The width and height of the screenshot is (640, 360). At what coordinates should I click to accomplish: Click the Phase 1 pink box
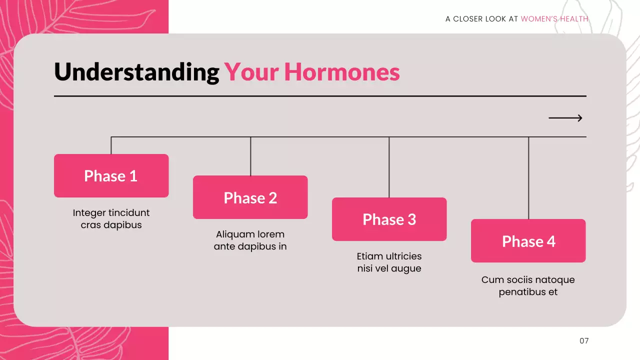[x=111, y=175]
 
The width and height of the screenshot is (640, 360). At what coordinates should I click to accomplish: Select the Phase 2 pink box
[x=250, y=197]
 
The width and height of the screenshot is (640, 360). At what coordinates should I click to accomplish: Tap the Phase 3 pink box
[x=389, y=219]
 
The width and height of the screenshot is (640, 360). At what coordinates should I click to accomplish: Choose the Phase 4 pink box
[x=528, y=240]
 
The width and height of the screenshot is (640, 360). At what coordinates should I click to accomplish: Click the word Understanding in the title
[x=136, y=72]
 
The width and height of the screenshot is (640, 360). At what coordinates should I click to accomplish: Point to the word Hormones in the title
[x=342, y=72]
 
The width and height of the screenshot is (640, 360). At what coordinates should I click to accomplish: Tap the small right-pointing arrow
[x=565, y=118]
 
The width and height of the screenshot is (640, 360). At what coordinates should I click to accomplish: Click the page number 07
[x=584, y=340]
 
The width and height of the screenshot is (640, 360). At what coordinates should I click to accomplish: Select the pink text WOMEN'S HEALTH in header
[x=554, y=19]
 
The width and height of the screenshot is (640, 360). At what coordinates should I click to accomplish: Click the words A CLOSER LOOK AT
[x=481, y=19]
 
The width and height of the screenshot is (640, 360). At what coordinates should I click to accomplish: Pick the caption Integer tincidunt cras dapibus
[x=111, y=219]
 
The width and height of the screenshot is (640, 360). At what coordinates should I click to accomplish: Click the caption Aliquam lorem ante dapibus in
[x=250, y=240]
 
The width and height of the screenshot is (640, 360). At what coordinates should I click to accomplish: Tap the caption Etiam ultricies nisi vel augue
[x=389, y=262]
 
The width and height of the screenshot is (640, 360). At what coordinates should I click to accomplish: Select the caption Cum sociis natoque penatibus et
[x=528, y=286]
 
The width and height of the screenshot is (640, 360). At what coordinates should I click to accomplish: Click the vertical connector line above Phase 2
[x=250, y=156]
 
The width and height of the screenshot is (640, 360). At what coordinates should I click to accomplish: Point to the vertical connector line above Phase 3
[x=389, y=167]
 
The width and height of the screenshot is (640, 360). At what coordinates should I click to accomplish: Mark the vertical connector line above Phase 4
[x=528, y=178]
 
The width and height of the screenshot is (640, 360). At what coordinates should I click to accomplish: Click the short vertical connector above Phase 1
[x=111, y=145]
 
